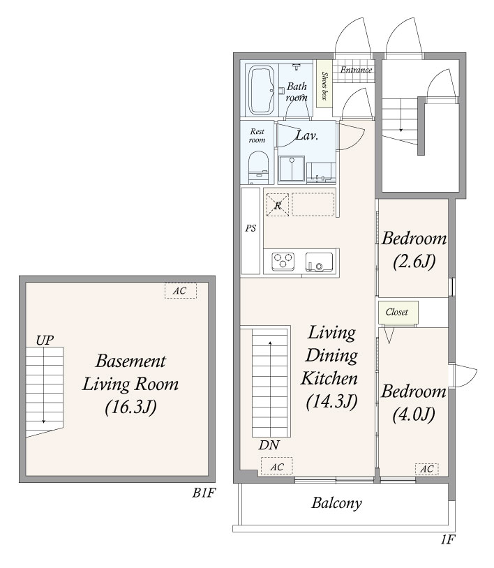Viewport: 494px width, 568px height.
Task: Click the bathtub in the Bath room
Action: pyautogui.click(x=262, y=90)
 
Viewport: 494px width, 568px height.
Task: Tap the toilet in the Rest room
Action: pyautogui.click(x=259, y=167)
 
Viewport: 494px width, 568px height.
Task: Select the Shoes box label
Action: pyautogui.click(x=324, y=86)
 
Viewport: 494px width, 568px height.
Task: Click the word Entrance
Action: pyautogui.click(x=356, y=70)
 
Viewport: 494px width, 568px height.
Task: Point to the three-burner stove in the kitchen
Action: pyautogui.click(x=283, y=261)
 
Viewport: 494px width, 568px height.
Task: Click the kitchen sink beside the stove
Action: pyautogui.click(x=319, y=262)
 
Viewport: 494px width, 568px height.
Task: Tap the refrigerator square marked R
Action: pyautogui.click(x=278, y=205)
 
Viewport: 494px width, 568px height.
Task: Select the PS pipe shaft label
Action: pyautogui.click(x=250, y=228)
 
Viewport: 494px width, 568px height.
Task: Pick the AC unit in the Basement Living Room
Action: pyautogui.click(x=181, y=290)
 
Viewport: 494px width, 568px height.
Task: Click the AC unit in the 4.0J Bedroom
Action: pyautogui.click(x=426, y=469)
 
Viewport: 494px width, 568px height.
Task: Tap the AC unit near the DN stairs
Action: pyautogui.click(x=277, y=467)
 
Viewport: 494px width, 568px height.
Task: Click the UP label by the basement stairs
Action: pyautogui.click(x=45, y=340)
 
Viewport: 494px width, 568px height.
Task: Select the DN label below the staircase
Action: pyautogui.click(x=269, y=445)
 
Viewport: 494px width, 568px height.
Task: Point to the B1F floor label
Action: pyautogui.click(x=204, y=493)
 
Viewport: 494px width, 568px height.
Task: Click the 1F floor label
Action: pyautogui.click(x=448, y=540)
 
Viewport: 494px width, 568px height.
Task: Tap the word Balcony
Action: pyautogui.click(x=336, y=503)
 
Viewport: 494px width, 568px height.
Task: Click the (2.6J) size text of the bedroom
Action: pyautogui.click(x=414, y=261)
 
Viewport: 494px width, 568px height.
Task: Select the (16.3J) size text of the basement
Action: pyautogui.click(x=130, y=408)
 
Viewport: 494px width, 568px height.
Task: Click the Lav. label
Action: pyautogui.click(x=307, y=135)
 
